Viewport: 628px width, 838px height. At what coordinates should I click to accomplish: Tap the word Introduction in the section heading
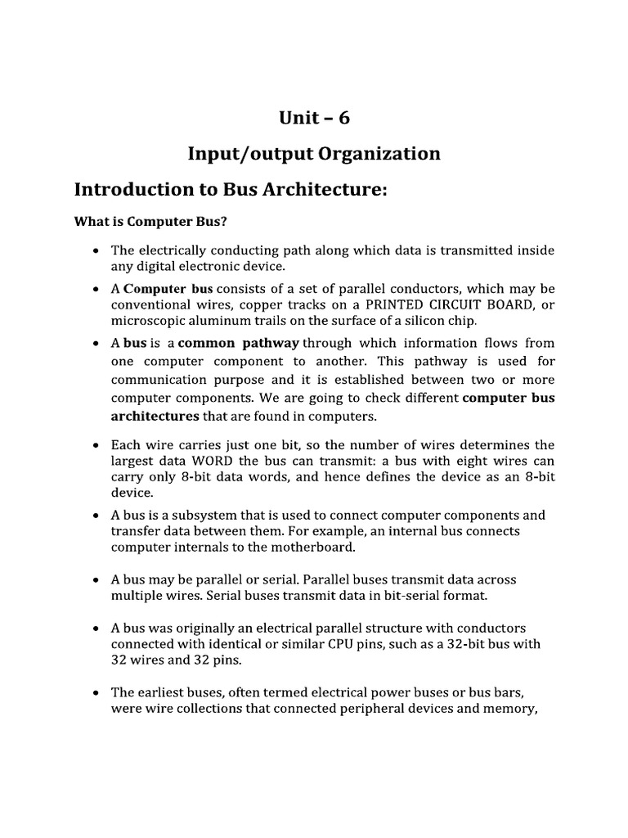click(130, 190)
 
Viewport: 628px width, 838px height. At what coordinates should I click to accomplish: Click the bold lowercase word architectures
click(155, 416)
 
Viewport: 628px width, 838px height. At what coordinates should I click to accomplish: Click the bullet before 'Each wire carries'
click(97, 445)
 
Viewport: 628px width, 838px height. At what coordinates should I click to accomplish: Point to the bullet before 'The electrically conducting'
click(97, 250)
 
